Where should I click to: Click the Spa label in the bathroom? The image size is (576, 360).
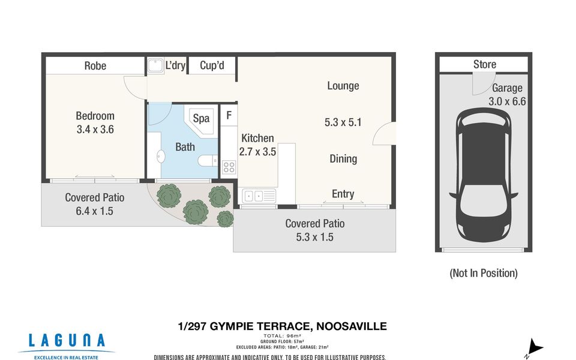(202, 118)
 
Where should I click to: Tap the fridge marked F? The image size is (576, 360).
(229, 116)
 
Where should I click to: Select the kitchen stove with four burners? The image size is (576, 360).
(229, 167)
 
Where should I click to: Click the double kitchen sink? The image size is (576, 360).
(258, 196)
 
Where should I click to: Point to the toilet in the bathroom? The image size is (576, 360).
(208, 161)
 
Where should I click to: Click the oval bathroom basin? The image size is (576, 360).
(161, 157)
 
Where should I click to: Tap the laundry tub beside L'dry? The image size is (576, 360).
(155, 66)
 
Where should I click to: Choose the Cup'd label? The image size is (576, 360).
(212, 65)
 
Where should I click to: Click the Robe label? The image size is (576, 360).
(95, 66)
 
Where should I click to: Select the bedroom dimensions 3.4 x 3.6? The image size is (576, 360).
(95, 130)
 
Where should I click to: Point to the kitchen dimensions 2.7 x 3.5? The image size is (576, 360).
(257, 152)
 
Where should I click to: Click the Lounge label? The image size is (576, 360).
(343, 86)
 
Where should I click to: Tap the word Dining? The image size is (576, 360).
(343, 158)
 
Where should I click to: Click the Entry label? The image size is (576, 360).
(343, 194)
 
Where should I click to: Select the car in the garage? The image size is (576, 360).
(484, 175)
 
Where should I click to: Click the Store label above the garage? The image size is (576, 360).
(485, 64)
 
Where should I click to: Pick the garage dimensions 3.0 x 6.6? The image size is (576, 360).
(507, 101)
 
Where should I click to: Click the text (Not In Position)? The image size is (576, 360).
(484, 273)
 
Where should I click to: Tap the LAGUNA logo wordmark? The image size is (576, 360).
(67, 341)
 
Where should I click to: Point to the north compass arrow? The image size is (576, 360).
(535, 348)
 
